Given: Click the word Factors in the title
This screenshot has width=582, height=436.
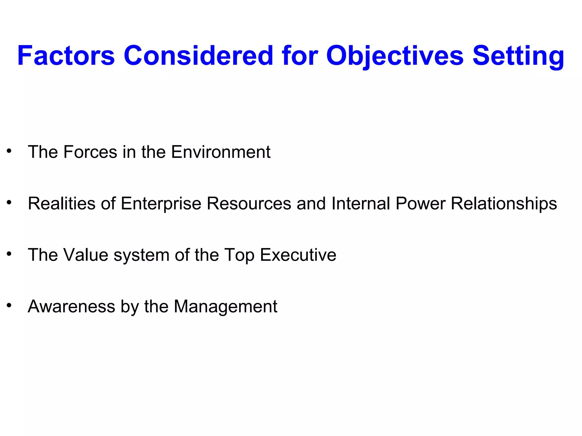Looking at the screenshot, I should pos(66,56).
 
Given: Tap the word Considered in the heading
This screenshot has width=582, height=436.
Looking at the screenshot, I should pos(198,56).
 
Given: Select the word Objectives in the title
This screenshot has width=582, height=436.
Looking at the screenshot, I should pos(395,56).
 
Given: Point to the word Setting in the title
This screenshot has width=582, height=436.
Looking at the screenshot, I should pos(518,56).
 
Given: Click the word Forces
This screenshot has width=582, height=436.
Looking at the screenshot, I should pos(90,152).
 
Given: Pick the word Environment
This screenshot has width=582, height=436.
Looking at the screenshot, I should pos(221,152).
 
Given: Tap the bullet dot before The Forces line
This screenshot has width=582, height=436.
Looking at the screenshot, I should pos(9,151).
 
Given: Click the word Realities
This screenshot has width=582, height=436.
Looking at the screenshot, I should pos(62,204).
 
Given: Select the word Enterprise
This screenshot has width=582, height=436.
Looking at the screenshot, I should pos(161,204).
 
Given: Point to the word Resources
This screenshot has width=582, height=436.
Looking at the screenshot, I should pos(249,204).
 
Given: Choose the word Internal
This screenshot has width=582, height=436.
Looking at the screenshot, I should pos(361,204).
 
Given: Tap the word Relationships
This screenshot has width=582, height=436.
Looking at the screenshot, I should pos(504,204).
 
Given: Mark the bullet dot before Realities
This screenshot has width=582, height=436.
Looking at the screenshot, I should pos(9,202).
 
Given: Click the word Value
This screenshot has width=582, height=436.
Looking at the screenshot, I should pos(86,255).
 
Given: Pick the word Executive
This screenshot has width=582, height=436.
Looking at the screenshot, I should pos(298,255).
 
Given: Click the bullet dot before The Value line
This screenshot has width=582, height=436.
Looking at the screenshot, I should pos(9,254).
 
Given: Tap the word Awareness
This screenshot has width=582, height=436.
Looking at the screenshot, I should pos(71,307).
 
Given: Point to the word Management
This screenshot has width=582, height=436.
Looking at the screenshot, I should pos(225,307).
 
